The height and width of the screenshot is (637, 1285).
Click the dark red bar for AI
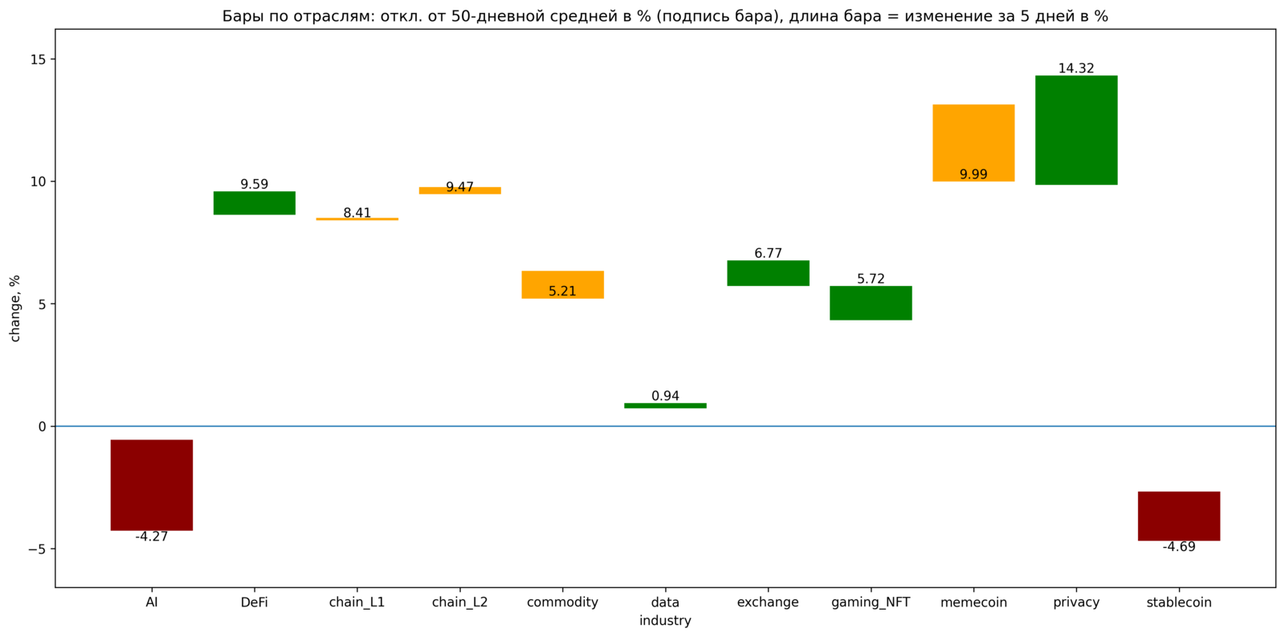[x=152, y=485]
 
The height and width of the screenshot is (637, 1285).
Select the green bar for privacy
[x=1076, y=130]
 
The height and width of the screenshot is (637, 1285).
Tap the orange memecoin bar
[x=973, y=143]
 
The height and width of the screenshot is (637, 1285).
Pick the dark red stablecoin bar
[x=1179, y=516]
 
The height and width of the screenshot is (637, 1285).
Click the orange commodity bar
[x=563, y=284]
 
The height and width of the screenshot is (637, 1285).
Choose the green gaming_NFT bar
[x=871, y=303]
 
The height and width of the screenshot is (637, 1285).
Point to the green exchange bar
[x=768, y=273]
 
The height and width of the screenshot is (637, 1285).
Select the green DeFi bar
[x=254, y=203]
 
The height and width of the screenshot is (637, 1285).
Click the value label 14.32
[x=1076, y=68]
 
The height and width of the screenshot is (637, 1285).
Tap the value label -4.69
[x=1179, y=547]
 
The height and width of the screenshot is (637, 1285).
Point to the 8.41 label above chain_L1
[x=357, y=213]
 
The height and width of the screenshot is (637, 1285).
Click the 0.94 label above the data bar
[x=666, y=396]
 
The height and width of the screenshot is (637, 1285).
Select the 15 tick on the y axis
[x=39, y=59]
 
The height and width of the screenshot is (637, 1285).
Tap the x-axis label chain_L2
[x=460, y=602]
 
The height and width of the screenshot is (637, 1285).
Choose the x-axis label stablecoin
[x=1179, y=602]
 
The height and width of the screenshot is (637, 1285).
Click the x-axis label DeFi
[x=254, y=602]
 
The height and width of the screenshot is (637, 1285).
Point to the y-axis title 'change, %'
[x=15, y=308]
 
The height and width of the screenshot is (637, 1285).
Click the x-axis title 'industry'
[x=666, y=620]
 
